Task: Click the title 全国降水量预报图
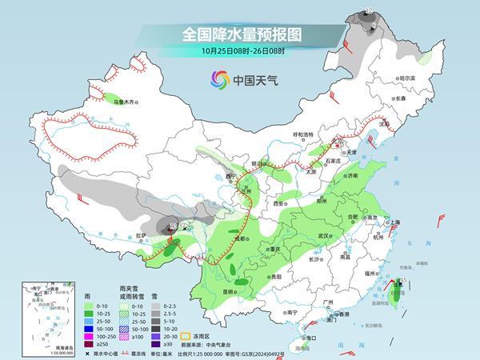tap(240, 34)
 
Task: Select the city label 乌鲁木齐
tap(125, 102)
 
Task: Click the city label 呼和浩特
tap(304, 135)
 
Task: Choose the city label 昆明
tap(230, 292)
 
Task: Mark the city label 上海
tap(393, 222)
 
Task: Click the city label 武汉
tap(323, 236)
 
